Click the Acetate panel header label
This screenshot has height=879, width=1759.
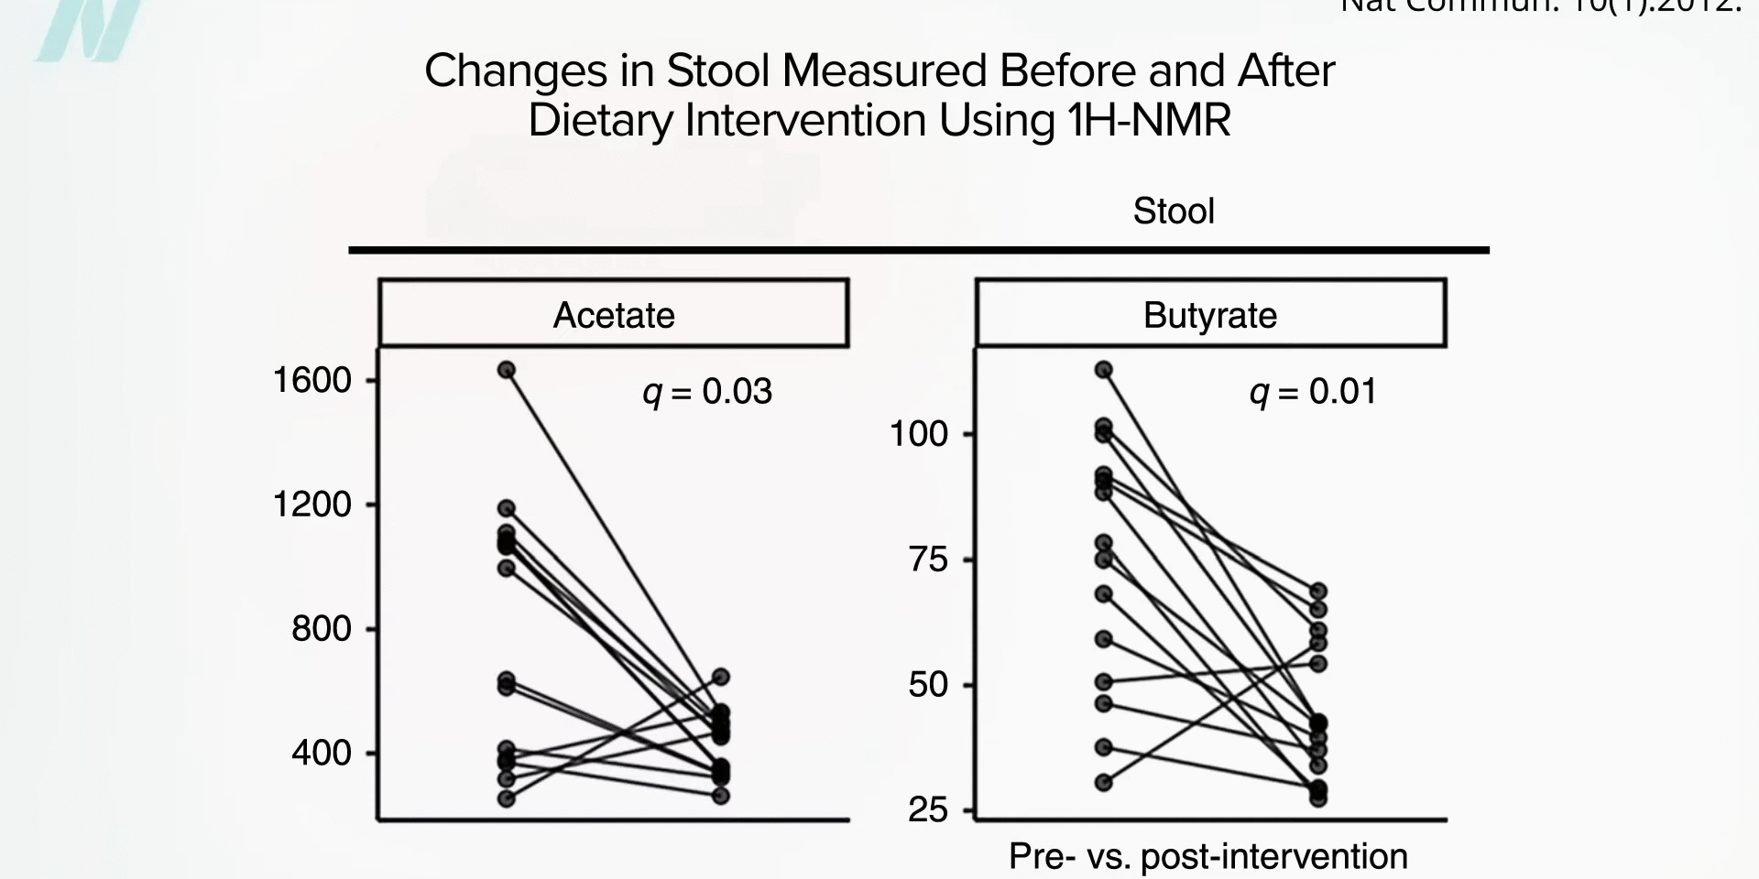[x=614, y=315]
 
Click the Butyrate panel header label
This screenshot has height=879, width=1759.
[x=1209, y=315]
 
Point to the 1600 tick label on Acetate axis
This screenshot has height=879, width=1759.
[x=312, y=380]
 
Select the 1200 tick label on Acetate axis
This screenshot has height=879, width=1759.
[x=312, y=505]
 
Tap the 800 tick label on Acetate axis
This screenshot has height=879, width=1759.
[x=322, y=629]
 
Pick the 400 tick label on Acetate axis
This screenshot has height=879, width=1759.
[x=322, y=753]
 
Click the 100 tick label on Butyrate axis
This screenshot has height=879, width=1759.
[x=919, y=434]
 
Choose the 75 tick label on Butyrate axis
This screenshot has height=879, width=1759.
[x=928, y=559]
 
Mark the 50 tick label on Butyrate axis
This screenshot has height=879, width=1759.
[x=928, y=685]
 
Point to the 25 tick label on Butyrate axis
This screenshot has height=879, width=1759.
[x=928, y=809]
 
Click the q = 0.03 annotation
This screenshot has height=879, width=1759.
[x=707, y=392]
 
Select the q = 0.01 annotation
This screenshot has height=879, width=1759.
[x=1313, y=392]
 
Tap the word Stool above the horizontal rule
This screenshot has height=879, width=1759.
[x=1174, y=212]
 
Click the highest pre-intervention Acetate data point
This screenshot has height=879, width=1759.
[x=507, y=370]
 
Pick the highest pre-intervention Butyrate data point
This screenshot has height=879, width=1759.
[x=1104, y=370]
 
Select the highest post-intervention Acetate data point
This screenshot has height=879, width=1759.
[x=721, y=677]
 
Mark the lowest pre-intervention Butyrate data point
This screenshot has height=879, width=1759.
[x=1104, y=783]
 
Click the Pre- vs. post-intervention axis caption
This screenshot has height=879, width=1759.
[x=1207, y=856]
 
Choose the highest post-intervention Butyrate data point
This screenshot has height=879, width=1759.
[x=1318, y=591]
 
